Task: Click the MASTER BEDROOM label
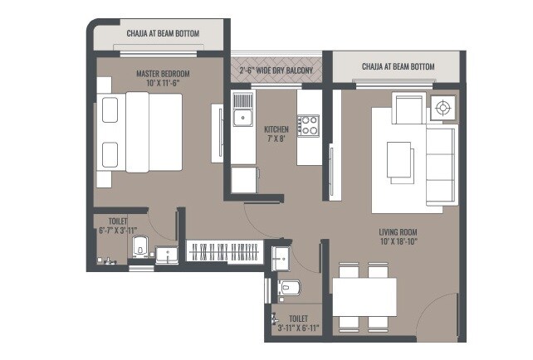pyautogui.click(x=163, y=74)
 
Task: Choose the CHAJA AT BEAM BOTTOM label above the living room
pyautogui.click(x=398, y=66)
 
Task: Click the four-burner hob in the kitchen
pyautogui.click(x=309, y=125)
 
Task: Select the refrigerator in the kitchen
pyautogui.click(x=243, y=180)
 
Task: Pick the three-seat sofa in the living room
pyautogui.click(x=441, y=165)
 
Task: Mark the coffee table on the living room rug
pyautogui.click(x=399, y=158)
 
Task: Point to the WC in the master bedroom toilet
pyautogui.click(x=139, y=247)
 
